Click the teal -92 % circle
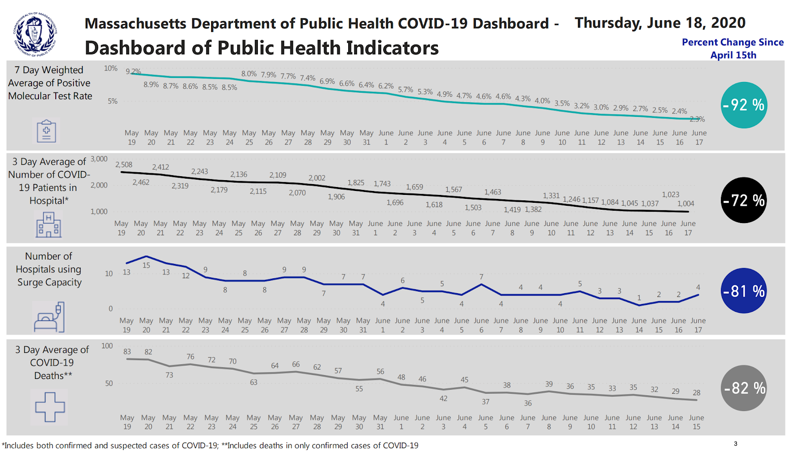744,105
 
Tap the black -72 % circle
744,200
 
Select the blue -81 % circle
744,291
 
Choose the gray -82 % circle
744,388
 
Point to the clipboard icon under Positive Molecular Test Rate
46,131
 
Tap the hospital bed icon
49,317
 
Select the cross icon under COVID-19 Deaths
50,407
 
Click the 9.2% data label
133,72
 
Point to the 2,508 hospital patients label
124,165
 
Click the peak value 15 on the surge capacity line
146,265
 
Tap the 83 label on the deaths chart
127,351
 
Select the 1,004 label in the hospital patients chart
685,203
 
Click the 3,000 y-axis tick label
99,159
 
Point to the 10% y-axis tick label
110,69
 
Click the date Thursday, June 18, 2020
660,23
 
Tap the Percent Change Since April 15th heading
733,48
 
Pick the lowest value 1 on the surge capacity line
639,298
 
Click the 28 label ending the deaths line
696,393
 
